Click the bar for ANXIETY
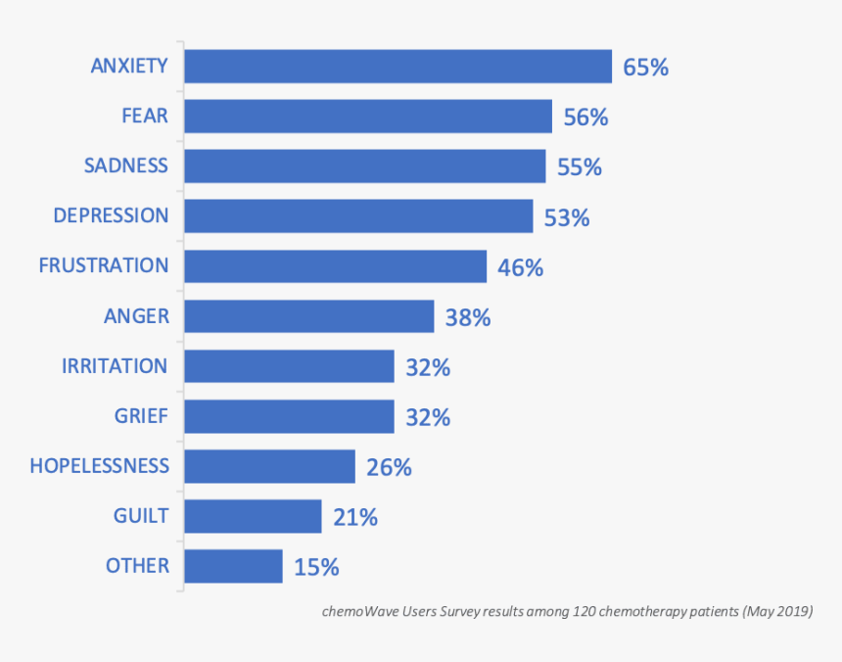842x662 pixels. (398, 67)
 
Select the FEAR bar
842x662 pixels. (368, 117)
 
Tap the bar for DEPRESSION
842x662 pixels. (358, 216)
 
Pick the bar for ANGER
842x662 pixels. (308, 316)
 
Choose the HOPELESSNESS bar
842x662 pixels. (269, 466)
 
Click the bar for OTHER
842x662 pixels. (233, 566)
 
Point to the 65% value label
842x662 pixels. (645, 68)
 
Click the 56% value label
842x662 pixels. (585, 118)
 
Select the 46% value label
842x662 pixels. (520, 267)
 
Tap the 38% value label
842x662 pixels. (467, 317)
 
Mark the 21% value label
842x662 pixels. (354, 517)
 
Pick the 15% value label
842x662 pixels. (316, 567)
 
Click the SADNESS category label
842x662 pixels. (125, 165)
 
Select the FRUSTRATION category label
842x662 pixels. (103, 265)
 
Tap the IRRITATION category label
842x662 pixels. (115, 365)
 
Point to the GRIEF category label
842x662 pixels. (141, 416)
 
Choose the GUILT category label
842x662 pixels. (140, 516)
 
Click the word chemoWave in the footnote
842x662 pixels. (358, 612)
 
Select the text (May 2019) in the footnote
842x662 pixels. (777, 612)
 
